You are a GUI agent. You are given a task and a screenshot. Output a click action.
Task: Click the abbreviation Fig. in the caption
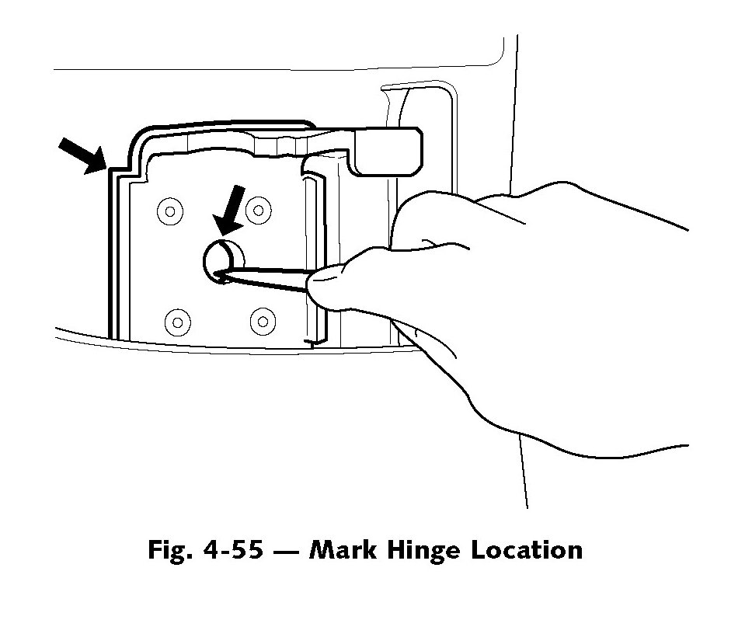point(168,550)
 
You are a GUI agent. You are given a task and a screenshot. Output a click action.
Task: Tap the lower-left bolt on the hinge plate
point(178,321)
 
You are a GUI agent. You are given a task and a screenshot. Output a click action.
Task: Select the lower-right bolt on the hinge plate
point(263,319)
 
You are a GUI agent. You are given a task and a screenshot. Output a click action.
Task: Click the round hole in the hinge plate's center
point(224,259)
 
